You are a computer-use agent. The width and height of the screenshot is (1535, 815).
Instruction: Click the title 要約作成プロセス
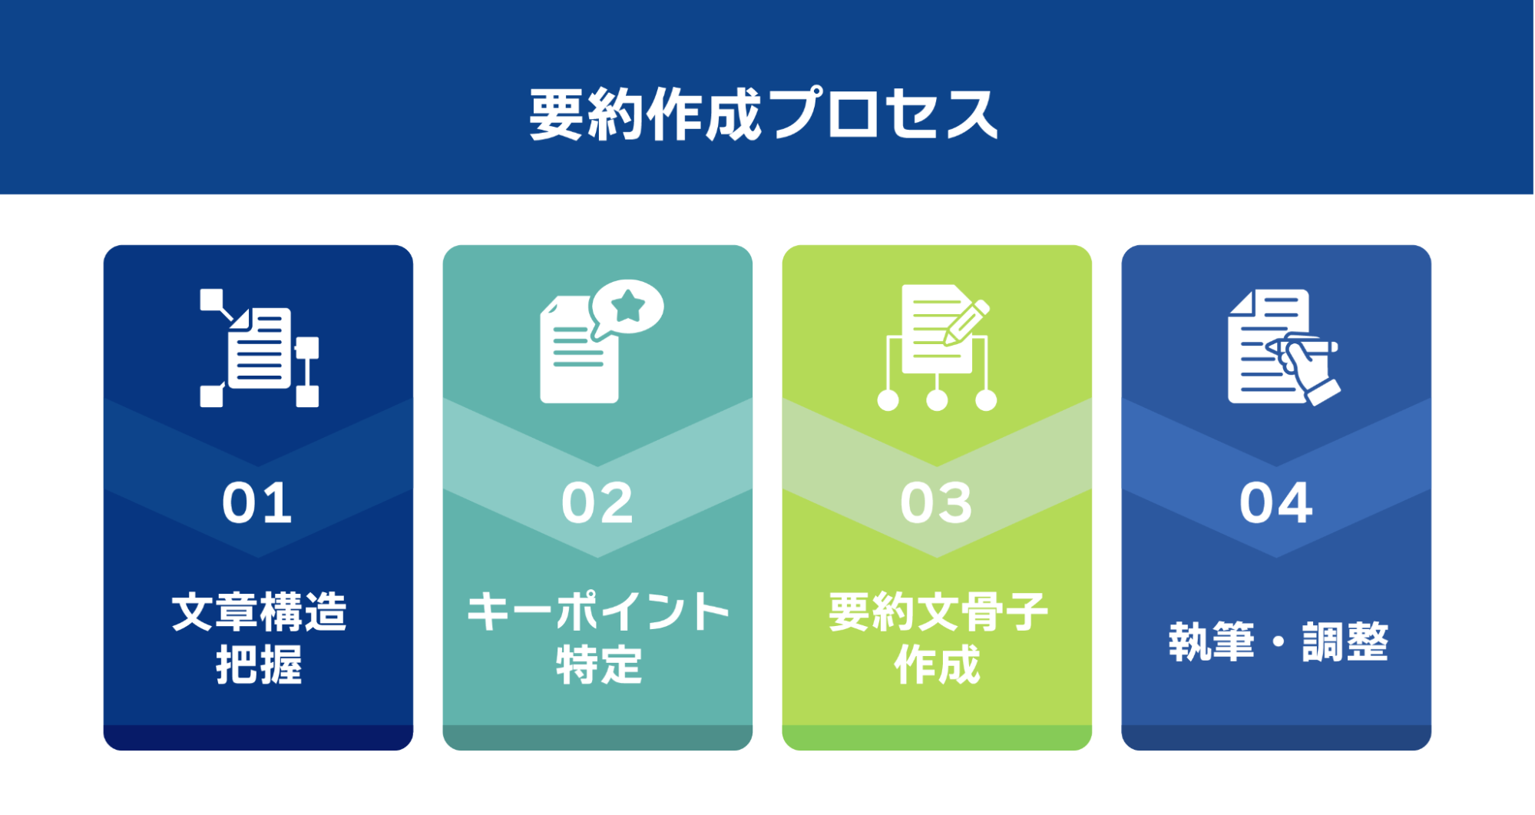763,114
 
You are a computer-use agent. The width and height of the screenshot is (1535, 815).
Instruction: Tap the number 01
257,504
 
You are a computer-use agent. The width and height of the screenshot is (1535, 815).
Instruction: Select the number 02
597,504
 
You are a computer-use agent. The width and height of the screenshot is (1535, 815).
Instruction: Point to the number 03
937,504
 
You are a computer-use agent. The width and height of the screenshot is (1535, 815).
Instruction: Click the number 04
1276,504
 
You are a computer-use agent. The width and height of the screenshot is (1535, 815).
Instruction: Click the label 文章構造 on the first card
259,612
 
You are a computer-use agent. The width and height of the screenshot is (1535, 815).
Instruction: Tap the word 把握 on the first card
259,664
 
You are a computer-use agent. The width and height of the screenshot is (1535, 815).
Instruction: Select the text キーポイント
598,612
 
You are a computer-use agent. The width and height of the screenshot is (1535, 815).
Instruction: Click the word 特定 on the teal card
598,664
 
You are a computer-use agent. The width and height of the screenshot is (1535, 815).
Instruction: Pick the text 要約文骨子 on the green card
938,612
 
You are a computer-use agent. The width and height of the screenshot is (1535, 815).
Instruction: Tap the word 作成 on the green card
938,664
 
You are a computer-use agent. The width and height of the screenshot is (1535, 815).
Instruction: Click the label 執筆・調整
1279,641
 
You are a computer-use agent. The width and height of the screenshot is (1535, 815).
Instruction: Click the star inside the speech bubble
628,306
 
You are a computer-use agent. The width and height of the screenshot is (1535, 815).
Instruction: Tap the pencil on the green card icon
967,323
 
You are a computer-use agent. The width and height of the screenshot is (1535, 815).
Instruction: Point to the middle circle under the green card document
937,400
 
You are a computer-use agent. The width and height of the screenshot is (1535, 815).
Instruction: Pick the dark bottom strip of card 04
1276,737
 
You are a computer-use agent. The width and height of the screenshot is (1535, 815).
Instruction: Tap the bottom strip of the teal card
597,737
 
